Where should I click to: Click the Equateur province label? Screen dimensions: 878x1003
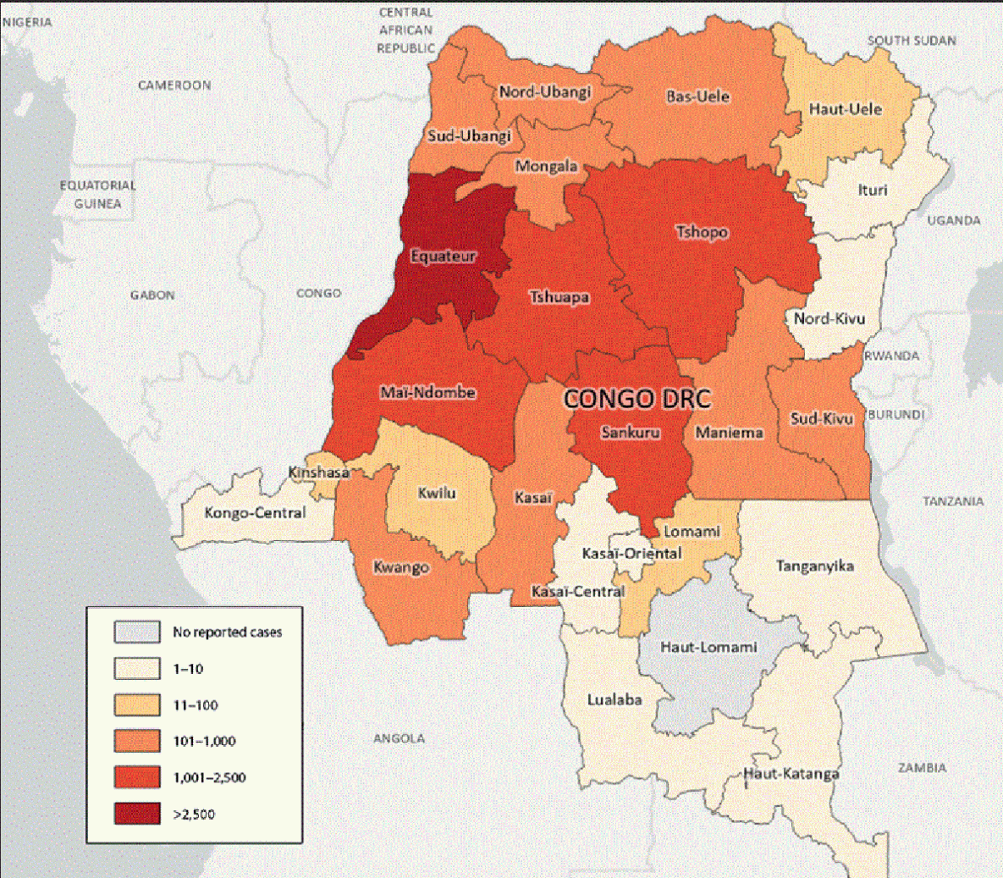[x=443, y=256]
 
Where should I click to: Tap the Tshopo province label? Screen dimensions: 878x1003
[x=702, y=231]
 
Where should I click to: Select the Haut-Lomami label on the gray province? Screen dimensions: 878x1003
[x=708, y=647]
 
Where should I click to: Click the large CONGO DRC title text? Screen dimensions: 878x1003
[x=637, y=399]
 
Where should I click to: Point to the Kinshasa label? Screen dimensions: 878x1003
[x=318, y=472]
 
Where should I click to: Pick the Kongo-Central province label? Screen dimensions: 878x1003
[x=255, y=512]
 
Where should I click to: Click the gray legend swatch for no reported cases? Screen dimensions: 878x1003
[x=137, y=632]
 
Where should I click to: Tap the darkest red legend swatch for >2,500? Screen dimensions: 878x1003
[x=137, y=814]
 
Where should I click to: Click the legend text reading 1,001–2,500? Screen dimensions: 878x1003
[x=209, y=777]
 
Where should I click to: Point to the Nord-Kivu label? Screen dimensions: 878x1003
[x=829, y=319]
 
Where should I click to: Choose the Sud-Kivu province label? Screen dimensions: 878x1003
[x=821, y=418]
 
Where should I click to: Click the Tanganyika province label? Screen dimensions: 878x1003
[x=814, y=566]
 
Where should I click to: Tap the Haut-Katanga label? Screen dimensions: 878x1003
[x=791, y=773]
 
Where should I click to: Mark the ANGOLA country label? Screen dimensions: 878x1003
[x=399, y=738]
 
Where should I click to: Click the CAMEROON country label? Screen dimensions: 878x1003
[x=174, y=86]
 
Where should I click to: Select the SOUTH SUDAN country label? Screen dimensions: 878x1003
[x=912, y=41]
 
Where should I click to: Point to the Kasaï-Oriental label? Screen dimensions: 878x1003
[x=631, y=553]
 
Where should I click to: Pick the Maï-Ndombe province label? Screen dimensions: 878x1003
[x=427, y=393]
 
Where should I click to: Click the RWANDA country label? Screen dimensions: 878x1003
[x=891, y=356]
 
